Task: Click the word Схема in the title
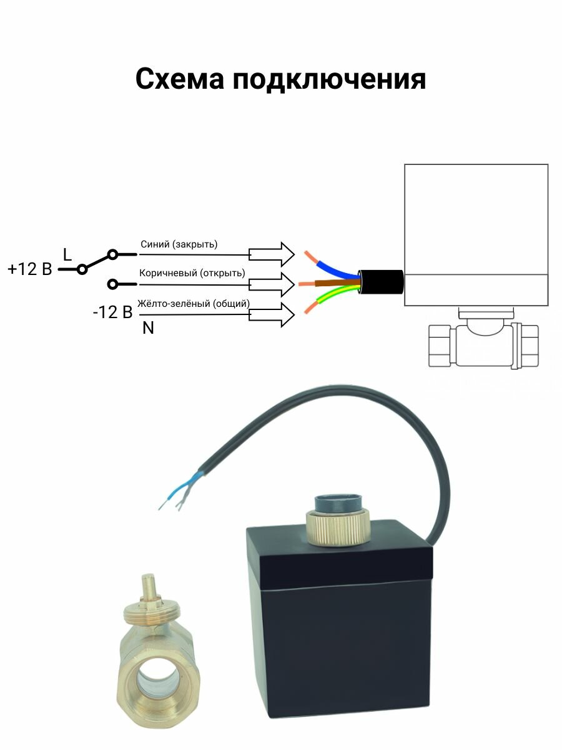pyautogui.click(x=179, y=80)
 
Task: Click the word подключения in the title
pyautogui.click(x=330, y=81)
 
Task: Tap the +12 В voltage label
pyautogui.click(x=29, y=269)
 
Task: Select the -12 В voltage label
pyautogui.click(x=112, y=312)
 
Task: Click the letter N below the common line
pyautogui.click(x=148, y=327)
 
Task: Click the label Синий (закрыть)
pyautogui.click(x=179, y=244)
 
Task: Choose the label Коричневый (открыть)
pyautogui.click(x=192, y=273)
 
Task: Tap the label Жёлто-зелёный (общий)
pyautogui.click(x=194, y=303)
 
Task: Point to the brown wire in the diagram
pyautogui.click(x=334, y=282)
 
